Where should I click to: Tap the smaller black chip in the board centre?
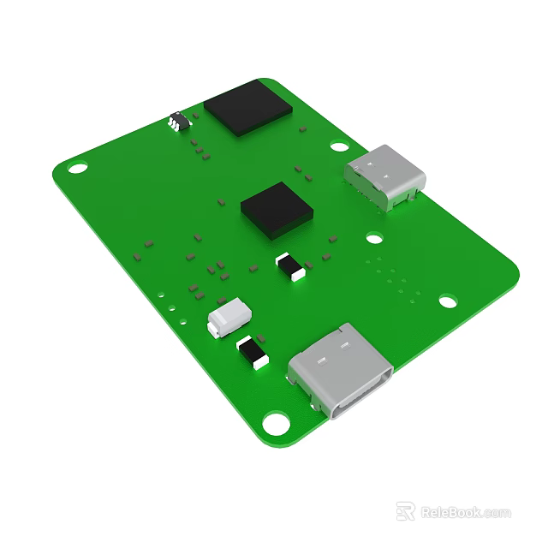click(276, 209)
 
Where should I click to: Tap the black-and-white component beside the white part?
click(252, 351)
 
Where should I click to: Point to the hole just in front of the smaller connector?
click(375, 238)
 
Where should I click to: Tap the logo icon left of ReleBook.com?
click(406, 511)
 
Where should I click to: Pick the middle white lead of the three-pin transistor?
click(176, 126)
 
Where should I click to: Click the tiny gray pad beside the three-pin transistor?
click(195, 115)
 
